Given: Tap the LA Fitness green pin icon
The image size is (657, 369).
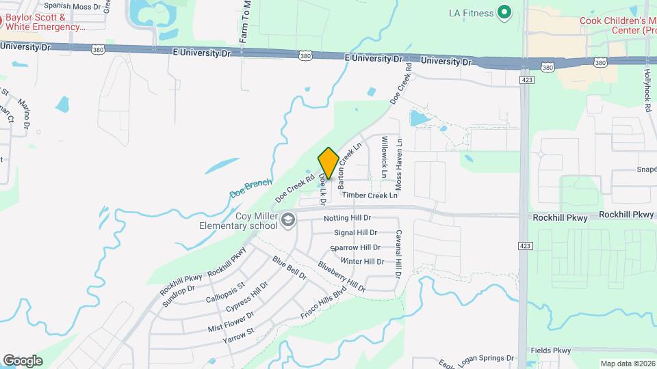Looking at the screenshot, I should pyautogui.click(x=504, y=12).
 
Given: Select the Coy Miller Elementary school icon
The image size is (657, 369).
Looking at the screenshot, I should pyautogui.click(x=288, y=219).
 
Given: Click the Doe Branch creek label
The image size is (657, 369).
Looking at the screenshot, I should pyautogui.click(x=250, y=187).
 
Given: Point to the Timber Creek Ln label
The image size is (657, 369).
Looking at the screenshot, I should pyautogui.click(x=370, y=195).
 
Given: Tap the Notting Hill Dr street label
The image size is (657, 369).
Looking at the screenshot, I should pyautogui.click(x=347, y=218).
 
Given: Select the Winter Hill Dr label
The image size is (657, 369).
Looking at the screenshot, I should pyautogui.click(x=362, y=262).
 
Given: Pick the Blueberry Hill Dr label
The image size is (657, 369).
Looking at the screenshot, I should pyautogui.click(x=342, y=276).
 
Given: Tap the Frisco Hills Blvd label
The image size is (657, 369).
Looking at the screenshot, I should pyautogui.click(x=324, y=301).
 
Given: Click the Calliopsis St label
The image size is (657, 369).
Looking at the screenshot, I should pyautogui.click(x=225, y=292).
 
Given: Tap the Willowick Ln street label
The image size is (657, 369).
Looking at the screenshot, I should pyautogui.click(x=385, y=156).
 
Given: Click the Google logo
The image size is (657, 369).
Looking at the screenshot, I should pyautogui.click(x=23, y=361).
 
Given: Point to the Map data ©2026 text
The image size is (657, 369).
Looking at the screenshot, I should pyautogui.click(x=627, y=364).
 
